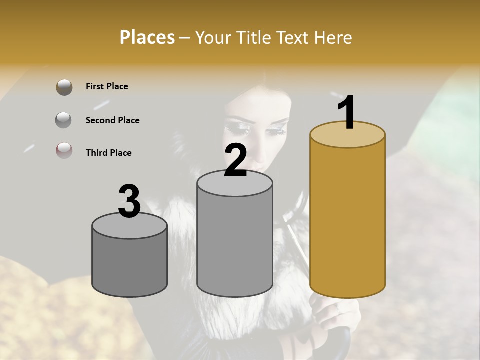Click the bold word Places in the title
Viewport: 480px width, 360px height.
[x=147, y=37]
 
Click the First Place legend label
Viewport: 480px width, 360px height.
[x=107, y=86]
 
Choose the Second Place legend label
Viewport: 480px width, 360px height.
[x=112, y=120]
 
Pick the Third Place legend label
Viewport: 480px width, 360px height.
[x=108, y=153]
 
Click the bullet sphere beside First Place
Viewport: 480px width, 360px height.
[x=64, y=87]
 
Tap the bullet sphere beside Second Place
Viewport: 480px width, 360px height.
[x=64, y=120]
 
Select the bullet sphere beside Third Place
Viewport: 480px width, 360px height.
[x=64, y=150]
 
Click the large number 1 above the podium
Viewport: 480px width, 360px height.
[x=346, y=113]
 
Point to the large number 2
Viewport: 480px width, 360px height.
[x=235, y=161]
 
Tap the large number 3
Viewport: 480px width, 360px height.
[x=130, y=201]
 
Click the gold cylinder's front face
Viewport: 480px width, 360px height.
[x=347, y=220]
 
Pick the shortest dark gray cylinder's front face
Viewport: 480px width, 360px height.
[x=130, y=265]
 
